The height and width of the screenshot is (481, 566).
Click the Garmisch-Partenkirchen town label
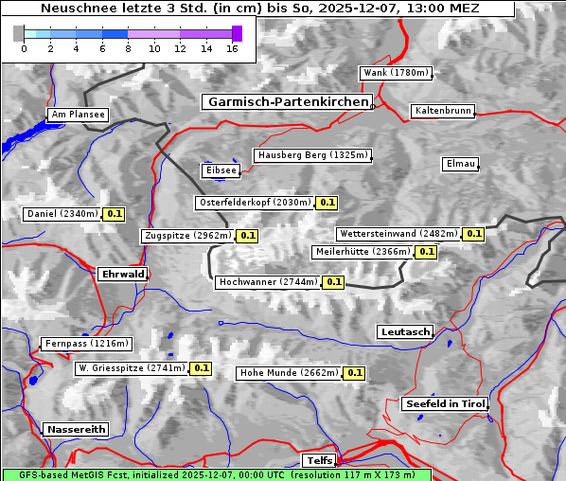coord(286,101)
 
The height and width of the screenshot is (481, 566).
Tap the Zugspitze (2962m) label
coord(186,236)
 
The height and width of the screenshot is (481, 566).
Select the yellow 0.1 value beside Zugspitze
coord(247,236)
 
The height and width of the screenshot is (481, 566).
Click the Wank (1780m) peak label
coord(396,73)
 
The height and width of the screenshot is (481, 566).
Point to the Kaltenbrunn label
coord(441,111)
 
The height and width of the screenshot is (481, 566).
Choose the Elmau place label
coord(460,164)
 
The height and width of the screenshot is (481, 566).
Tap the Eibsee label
coord(220,170)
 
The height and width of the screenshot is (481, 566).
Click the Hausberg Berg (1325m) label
coord(312,155)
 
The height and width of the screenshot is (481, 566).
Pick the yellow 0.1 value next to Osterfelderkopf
coord(327,203)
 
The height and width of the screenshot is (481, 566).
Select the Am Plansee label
coord(78,115)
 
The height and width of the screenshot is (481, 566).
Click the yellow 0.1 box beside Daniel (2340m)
coord(114,214)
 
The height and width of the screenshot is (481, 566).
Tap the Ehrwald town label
coord(122,274)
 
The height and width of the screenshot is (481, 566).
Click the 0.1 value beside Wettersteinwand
coord(474,234)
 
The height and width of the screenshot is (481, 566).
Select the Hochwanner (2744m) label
coord(268,282)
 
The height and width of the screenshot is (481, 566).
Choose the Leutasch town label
coord(404,332)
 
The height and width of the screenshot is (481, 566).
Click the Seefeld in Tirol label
coord(444,403)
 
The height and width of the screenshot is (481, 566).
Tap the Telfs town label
coord(318,460)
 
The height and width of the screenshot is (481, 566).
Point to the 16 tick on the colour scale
coord(232,48)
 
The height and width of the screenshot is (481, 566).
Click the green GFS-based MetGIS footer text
coord(216,474)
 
